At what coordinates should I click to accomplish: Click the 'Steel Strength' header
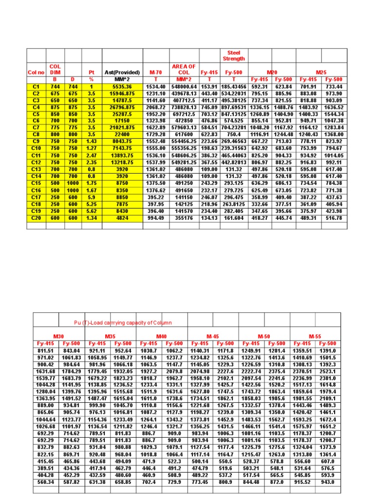(x=234, y=55)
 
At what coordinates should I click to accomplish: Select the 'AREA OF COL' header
(x=184, y=69)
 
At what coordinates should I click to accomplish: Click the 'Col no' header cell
(x=36, y=72)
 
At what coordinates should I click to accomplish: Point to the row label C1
(x=36, y=87)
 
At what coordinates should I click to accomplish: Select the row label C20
(x=36, y=218)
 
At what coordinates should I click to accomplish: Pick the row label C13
(x=36, y=170)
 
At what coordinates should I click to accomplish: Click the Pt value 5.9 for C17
(x=91, y=197)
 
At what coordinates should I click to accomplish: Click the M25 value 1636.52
(x=334, y=107)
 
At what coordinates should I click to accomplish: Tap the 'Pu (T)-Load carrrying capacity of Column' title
(x=123, y=323)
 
